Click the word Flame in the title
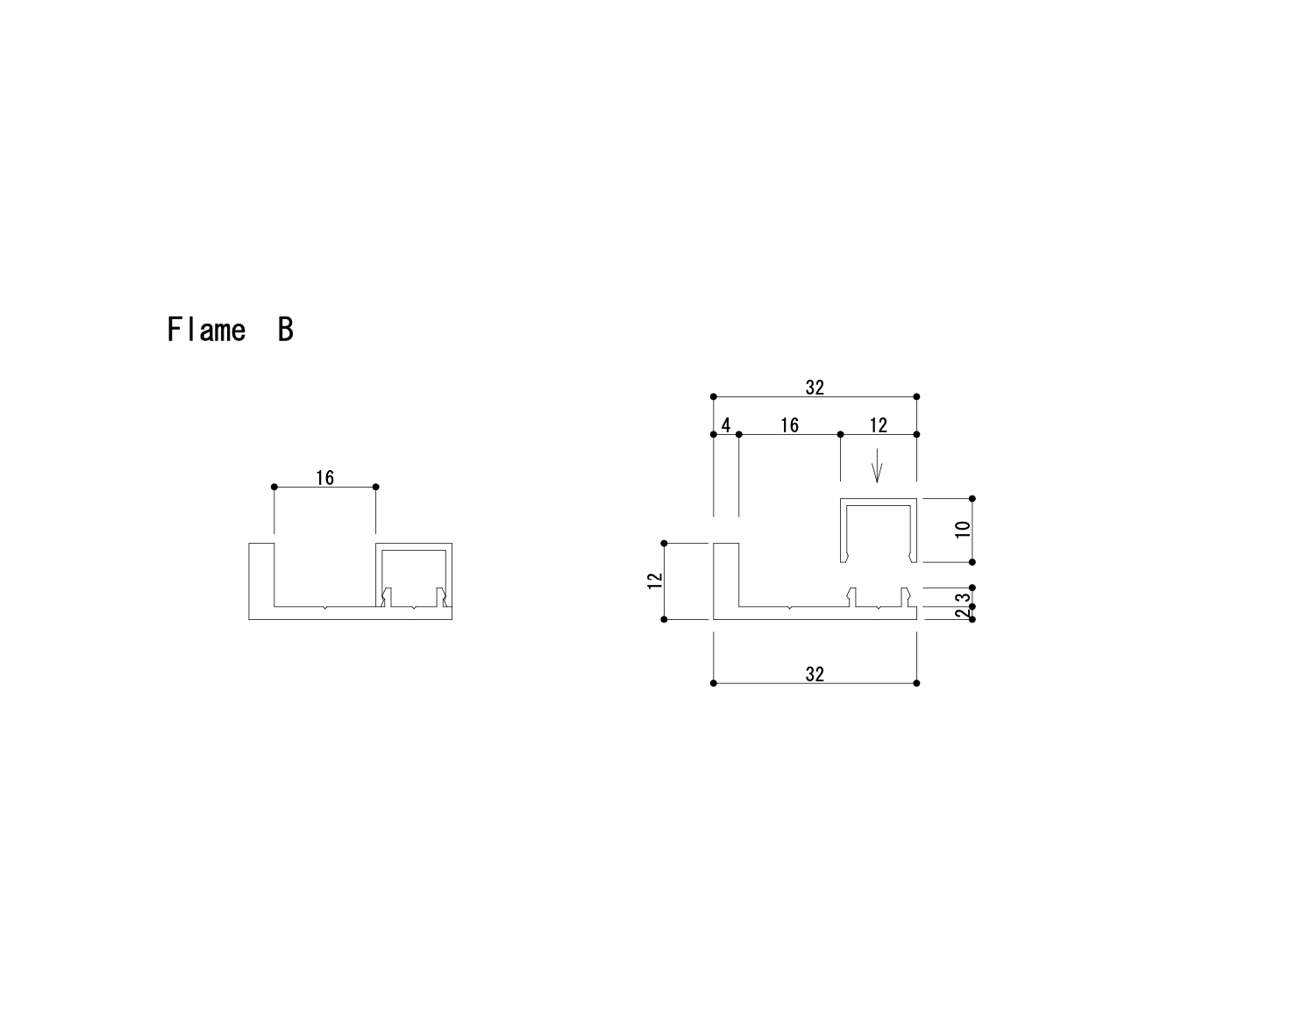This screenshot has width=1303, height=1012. click(206, 330)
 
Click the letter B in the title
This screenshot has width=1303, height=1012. click(285, 330)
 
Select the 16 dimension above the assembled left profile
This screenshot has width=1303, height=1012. click(324, 477)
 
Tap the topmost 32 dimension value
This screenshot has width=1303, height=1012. click(815, 388)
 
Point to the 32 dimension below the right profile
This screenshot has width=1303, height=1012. click(815, 673)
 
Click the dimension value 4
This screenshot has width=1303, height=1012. click(725, 425)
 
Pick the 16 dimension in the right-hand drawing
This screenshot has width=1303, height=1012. click(789, 425)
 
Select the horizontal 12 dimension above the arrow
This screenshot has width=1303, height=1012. click(878, 425)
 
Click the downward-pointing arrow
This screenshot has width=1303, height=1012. click(877, 467)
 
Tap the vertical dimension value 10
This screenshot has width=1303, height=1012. click(963, 529)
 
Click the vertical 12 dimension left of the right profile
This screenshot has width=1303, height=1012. click(654, 581)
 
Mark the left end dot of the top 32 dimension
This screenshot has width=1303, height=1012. click(714, 396)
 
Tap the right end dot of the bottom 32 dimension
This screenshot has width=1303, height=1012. click(916, 683)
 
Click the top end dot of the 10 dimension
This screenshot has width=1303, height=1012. click(972, 498)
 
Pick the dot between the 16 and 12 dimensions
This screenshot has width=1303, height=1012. click(840, 434)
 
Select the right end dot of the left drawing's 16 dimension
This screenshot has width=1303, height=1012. click(375, 487)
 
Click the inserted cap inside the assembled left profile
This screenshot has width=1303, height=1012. click(414, 550)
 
